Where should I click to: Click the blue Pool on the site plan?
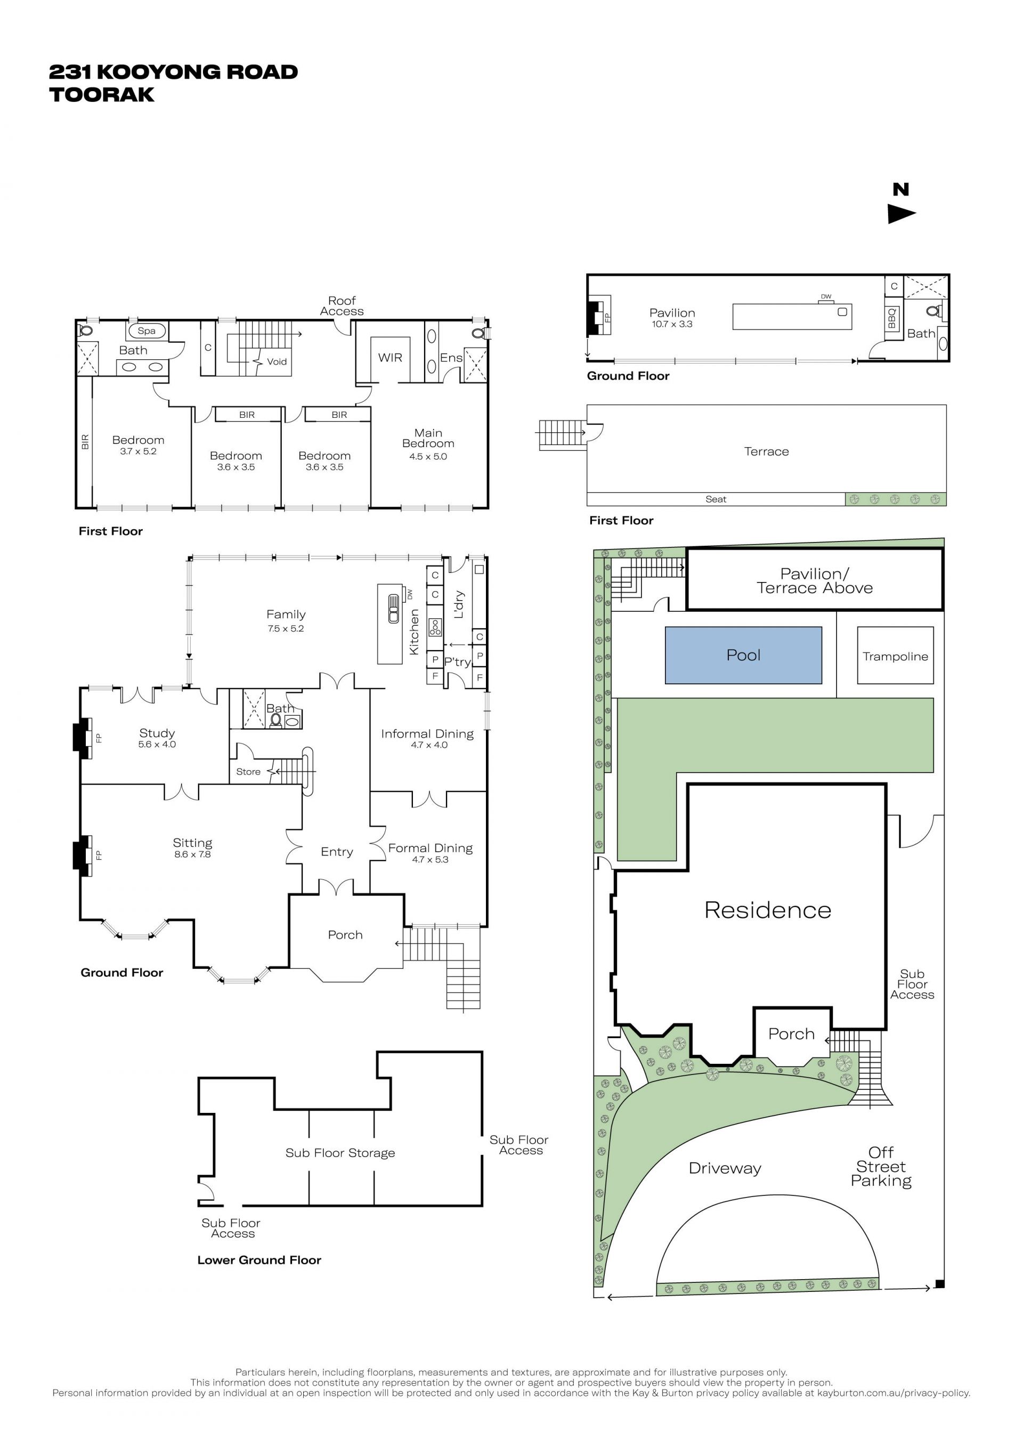pyautogui.click(x=743, y=655)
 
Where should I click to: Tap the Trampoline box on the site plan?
pyautogui.click(x=895, y=656)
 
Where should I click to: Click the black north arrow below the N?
pyautogui.click(x=902, y=214)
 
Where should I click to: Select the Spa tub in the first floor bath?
pyautogui.click(x=147, y=330)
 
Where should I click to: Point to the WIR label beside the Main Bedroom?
pyautogui.click(x=390, y=357)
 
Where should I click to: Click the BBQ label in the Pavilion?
pyautogui.click(x=892, y=318)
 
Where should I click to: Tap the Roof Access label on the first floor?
pyautogui.click(x=342, y=306)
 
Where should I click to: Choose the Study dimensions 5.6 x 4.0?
pyautogui.click(x=157, y=745)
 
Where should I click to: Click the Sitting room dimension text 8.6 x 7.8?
pyautogui.click(x=192, y=854)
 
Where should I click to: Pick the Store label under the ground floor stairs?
pyautogui.click(x=248, y=771)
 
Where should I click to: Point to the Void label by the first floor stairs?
pyautogui.click(x=277, y=362)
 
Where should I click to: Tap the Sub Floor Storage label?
pyautogui.click(x=340, y=1153)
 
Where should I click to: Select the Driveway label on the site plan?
pyautogui.click(x=725, y=1168)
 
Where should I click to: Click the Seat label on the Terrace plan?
pyautogui.click(x=716, y=499)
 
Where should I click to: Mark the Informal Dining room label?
pyautogui.click(x=427, y=733)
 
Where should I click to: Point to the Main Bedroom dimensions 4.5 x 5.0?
pyautogui.click(x=428, y=456)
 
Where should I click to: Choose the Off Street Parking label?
pyautogui.click(x=881, y=1167)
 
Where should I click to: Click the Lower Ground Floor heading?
pyautogui.click(x=259, y=1260)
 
